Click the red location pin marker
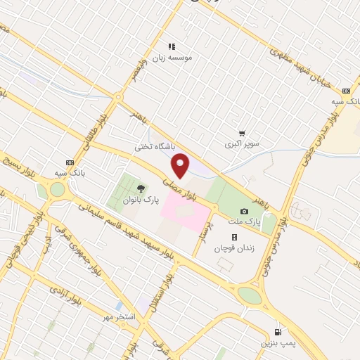tap(181, 165)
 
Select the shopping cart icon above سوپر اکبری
tap(242, 132)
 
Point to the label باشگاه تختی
tap(154, 148)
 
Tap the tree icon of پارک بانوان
tap(141, 188)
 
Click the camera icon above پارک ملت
tap(244, 211)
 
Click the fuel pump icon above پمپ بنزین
tap(279, 331)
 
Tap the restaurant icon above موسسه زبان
tap(171, 47)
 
